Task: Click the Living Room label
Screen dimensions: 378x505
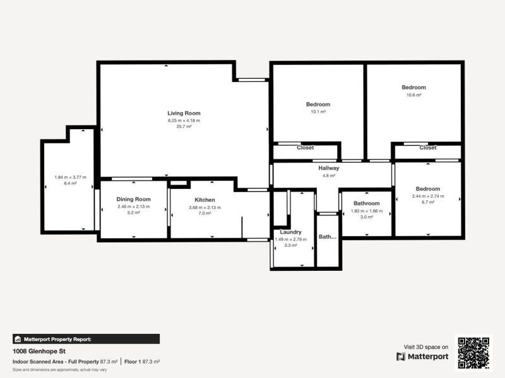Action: [x=184, y=113]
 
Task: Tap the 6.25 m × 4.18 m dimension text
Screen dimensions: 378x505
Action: [x=184, y=120]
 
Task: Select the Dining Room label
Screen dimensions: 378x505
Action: [x=133, y=199]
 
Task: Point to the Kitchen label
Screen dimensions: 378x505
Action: [x=205, y=200]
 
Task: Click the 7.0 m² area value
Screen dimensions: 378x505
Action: [x=205, y=213]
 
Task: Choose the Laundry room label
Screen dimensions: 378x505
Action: [x=290, y=232]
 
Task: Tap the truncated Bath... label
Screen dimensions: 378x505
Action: [x=328, y=237]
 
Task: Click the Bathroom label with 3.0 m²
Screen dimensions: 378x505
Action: [x=366, y=203]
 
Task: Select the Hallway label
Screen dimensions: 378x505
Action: [x=329, y=168]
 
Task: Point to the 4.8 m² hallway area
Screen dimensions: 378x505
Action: [x=329, y=176]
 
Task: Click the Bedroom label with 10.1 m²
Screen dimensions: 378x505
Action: [x=318, y=105]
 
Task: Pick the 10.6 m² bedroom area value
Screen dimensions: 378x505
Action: [x=414, y=94]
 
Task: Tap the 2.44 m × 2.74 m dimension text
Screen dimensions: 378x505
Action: [x=427, y=196]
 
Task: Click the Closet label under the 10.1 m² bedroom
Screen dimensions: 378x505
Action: [x=306, y=147]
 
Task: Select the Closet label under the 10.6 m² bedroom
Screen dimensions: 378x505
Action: [x=428, y=147]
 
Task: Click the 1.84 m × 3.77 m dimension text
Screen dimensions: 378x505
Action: [x=70, y=177]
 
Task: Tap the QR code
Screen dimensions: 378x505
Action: [x=473, y=353]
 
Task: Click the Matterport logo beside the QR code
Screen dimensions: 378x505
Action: [x=422, y=357]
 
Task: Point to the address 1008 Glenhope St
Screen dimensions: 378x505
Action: [x=39, y=351]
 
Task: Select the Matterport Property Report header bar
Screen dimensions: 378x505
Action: [x=86, y=339]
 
